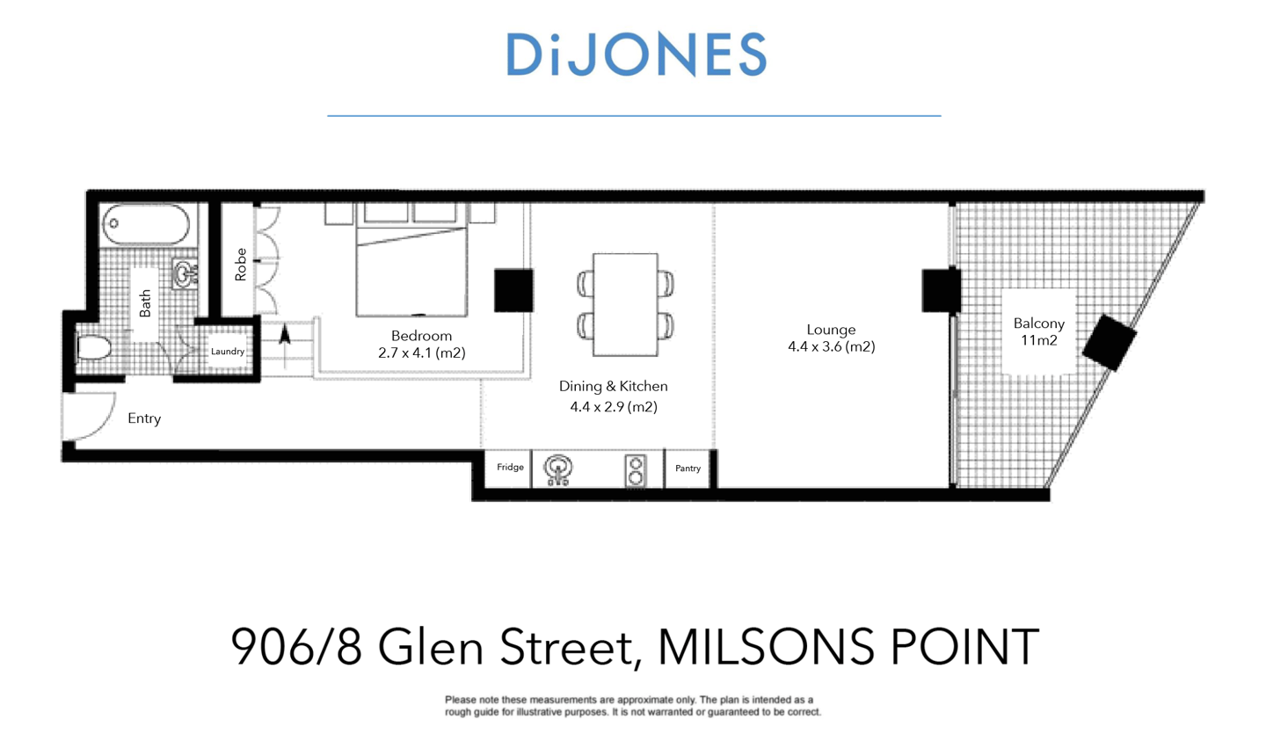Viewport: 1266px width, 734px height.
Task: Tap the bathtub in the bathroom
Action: [145, 226]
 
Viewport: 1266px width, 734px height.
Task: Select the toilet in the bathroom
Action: [91, 350]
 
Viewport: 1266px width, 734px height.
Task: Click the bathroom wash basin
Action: [184, 274]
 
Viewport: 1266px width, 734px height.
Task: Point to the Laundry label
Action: [227, 352]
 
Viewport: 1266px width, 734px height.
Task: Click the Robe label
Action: [241, 269]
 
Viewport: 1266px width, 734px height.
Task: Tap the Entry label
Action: [144, 419]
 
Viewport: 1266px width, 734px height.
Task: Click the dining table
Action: [625, 304]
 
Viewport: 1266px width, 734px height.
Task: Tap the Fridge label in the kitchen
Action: [510, 468]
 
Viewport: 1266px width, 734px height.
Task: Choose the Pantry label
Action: [688, 469]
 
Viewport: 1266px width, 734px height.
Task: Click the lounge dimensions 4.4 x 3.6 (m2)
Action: [831, 347]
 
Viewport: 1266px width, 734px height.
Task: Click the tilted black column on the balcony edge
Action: [1110, 343]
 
